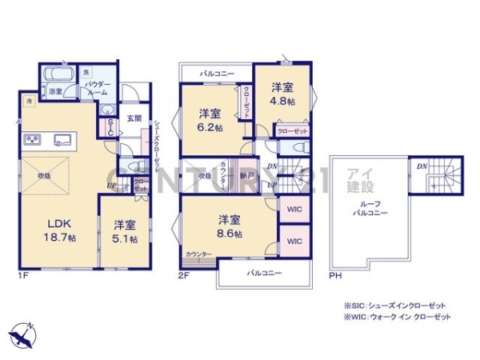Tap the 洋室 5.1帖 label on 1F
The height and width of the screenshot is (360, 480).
pyautogui.click(x=124, y=231)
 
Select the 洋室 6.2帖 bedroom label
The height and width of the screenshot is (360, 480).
pyautogui.click(x=210, y=119)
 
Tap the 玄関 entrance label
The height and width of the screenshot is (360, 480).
pyautogui.click(x=134, y=118)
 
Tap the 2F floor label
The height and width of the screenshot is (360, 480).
pyautogui.click(x=185, y=277)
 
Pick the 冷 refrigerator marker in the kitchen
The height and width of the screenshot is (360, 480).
pyautogui.click(x=29, y=102)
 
